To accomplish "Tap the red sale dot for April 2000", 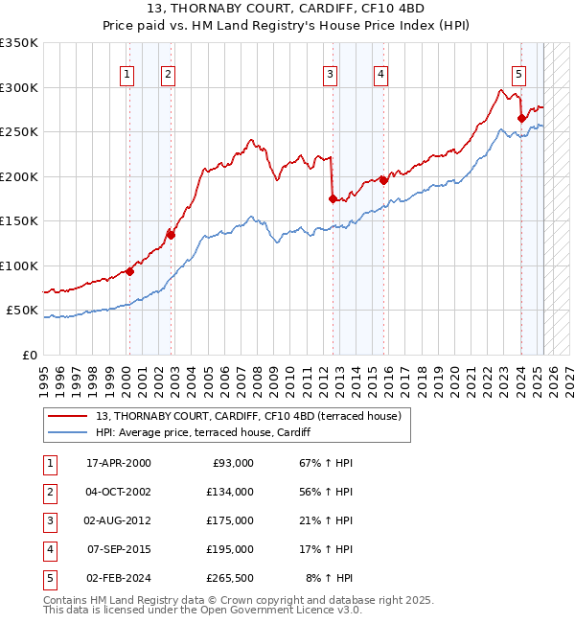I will click(x=129, y=271).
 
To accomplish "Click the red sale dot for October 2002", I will click(x=171, y=234).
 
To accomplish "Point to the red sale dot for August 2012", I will click(x=333, y=198).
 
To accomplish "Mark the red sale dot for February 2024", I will click(x=521, y=118).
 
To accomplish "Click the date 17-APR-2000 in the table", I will click(x=119, y=463).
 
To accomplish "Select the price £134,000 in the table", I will click(x=231, y=492).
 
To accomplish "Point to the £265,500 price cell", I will click(x=231, y=578).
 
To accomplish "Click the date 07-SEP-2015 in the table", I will click(x=119, y=549).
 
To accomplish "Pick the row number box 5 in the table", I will click(x=49, y=578).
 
